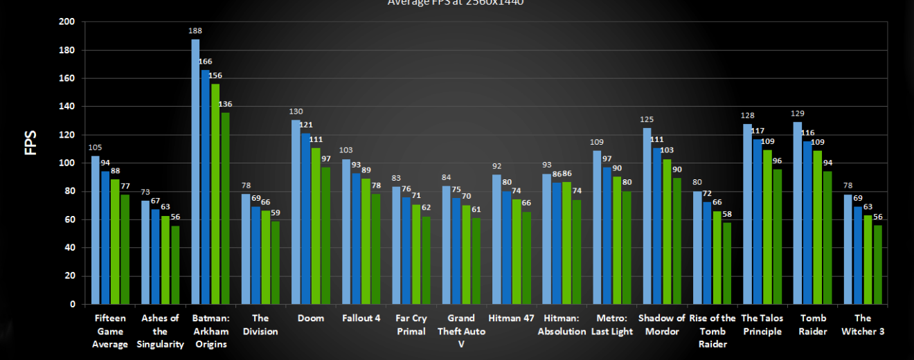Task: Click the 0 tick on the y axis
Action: coord(72,304)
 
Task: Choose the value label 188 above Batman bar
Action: coord(195,31)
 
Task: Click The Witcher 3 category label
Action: coord(862,325)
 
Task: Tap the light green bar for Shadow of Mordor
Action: coord(667,231)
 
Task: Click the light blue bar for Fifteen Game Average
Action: coord(96,230)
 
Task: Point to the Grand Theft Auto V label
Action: coord(460,331)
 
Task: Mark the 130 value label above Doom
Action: coord(296,111)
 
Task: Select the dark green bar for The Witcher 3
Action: coord(877,264)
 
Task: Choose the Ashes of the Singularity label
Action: coord(160,331)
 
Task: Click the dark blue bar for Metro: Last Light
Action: coord(607,235)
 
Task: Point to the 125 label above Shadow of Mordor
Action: coord(647,119)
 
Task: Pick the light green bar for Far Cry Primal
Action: coord(415,254)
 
